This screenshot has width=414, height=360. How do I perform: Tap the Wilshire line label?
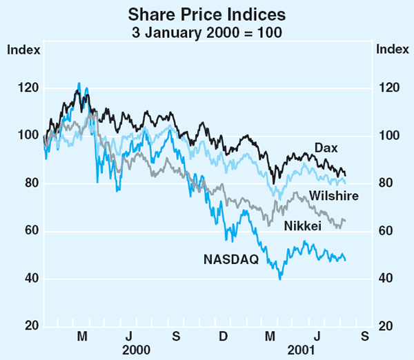(x=333, y=197)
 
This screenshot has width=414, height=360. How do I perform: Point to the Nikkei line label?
(x=302, y=225)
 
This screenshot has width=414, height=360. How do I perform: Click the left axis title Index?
(x=23, y=49)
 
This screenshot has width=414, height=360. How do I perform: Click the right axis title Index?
(x=390, y=49)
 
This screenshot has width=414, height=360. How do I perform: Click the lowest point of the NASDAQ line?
(x=280, y=279)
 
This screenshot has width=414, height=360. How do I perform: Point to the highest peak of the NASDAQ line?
(x=79, y=83)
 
